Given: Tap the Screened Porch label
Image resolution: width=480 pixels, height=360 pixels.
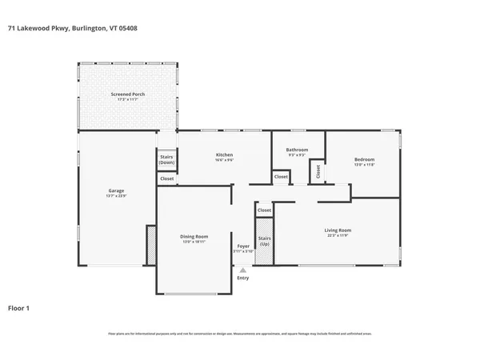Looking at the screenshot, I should coord(126,94).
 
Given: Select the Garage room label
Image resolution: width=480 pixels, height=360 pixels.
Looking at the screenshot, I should coord(116,190).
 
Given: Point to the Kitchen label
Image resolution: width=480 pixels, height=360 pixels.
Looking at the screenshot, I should coord(224,154).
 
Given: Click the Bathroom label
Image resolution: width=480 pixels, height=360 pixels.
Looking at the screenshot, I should coord(298,150).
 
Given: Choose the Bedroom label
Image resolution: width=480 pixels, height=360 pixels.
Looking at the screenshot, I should coord(364,159).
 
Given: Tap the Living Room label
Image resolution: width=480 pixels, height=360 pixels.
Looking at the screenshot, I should coord(338,230).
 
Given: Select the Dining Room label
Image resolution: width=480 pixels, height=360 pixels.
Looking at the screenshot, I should coord(194,235).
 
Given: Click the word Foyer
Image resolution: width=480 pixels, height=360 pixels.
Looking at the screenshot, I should coord(243,246).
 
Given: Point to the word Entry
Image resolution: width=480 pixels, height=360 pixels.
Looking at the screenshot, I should coord(242,278).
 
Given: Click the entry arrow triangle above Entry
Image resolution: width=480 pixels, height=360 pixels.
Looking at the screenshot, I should coord(242,270).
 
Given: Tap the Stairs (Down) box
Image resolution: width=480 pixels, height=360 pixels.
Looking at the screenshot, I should coord(166,159).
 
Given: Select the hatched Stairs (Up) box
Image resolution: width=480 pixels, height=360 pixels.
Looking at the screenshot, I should coord(264,242).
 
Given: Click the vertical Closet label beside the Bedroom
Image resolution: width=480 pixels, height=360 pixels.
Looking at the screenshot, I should coord(318,170).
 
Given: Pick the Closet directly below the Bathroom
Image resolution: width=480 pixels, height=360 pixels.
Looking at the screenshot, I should coord(281,177).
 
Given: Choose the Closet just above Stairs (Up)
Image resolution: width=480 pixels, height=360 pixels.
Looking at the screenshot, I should coord(264,210).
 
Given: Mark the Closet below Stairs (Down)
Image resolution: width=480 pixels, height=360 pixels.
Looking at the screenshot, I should coord(166,178).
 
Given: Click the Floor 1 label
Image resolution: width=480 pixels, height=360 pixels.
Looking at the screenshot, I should coord(19,307).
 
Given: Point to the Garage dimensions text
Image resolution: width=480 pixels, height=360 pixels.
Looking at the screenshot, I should coord(116,195).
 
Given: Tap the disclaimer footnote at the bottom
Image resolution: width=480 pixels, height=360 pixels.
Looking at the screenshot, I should coord(240,334).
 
